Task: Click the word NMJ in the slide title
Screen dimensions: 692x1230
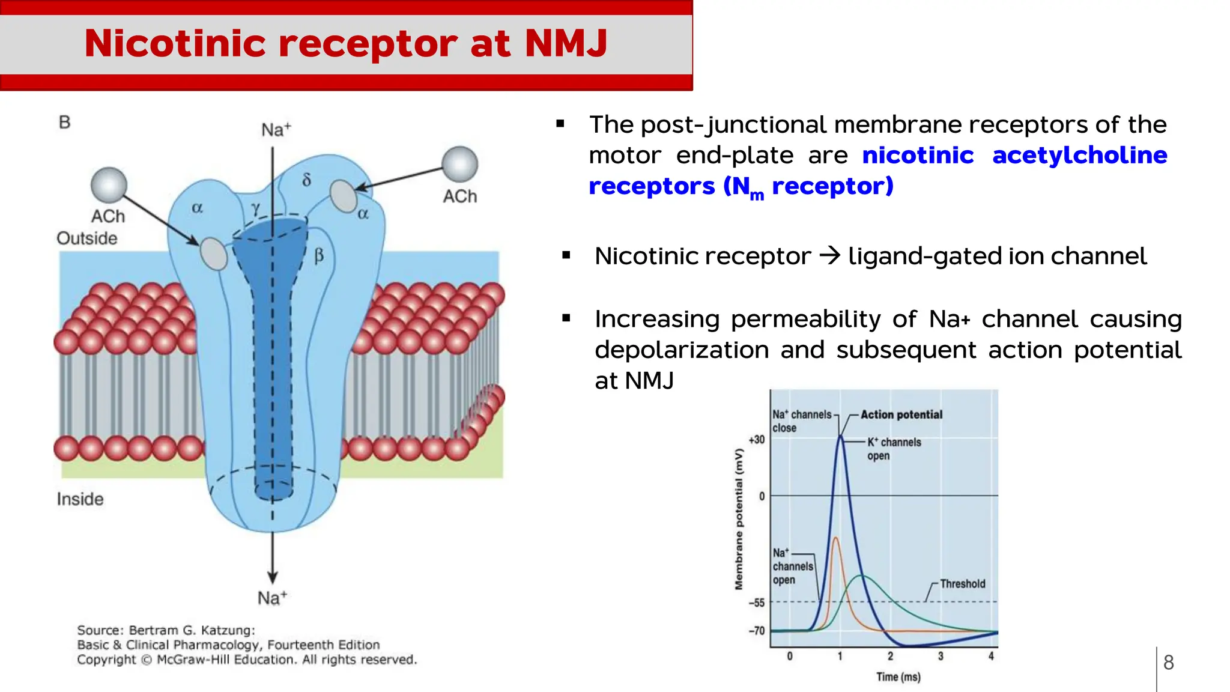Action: pyautogui.click(x=566, y=43)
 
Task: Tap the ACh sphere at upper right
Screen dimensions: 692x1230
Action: pyautogui.click(x=459, y=164)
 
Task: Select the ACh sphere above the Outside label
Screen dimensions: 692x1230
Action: pyautogui.click(x=109, y=185)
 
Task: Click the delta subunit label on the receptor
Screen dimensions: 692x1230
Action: pyautogui.click(x=306, y=180)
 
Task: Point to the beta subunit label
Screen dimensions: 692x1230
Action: pyautogui.click(x=319, y=256)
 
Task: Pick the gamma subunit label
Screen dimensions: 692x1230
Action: pyautogui.click(x=256, y=208)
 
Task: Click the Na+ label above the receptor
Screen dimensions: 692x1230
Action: pyautogui.click(x=276, y=130)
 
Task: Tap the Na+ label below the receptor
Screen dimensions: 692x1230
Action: pyautogui.click(x=272, y=598)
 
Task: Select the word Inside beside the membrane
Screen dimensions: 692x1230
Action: pyautogui.click(x=80, y=499)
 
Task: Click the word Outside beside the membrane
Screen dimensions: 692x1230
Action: pyautogui.click(x=86, y=238)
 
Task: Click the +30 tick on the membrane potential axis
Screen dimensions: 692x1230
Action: pyautogui.click(x=756, y=440)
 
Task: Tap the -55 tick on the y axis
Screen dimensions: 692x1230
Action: pyautogui.click(x=756, y=602)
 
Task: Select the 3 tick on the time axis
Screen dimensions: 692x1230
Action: pyautogui.click(x=941, y=657)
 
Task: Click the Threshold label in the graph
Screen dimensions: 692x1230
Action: pyautogui.click(x=962, y=584)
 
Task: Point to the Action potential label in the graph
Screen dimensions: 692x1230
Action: pyautogui.click(x=901, y=414)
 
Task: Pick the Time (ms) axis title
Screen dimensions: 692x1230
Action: pyautogui.click(x=898, y=677)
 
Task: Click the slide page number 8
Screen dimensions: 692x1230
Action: pyautogui.click(x=1168, y=663)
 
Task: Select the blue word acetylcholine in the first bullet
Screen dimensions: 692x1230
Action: pyautogui.click(x=1079, y=155)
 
